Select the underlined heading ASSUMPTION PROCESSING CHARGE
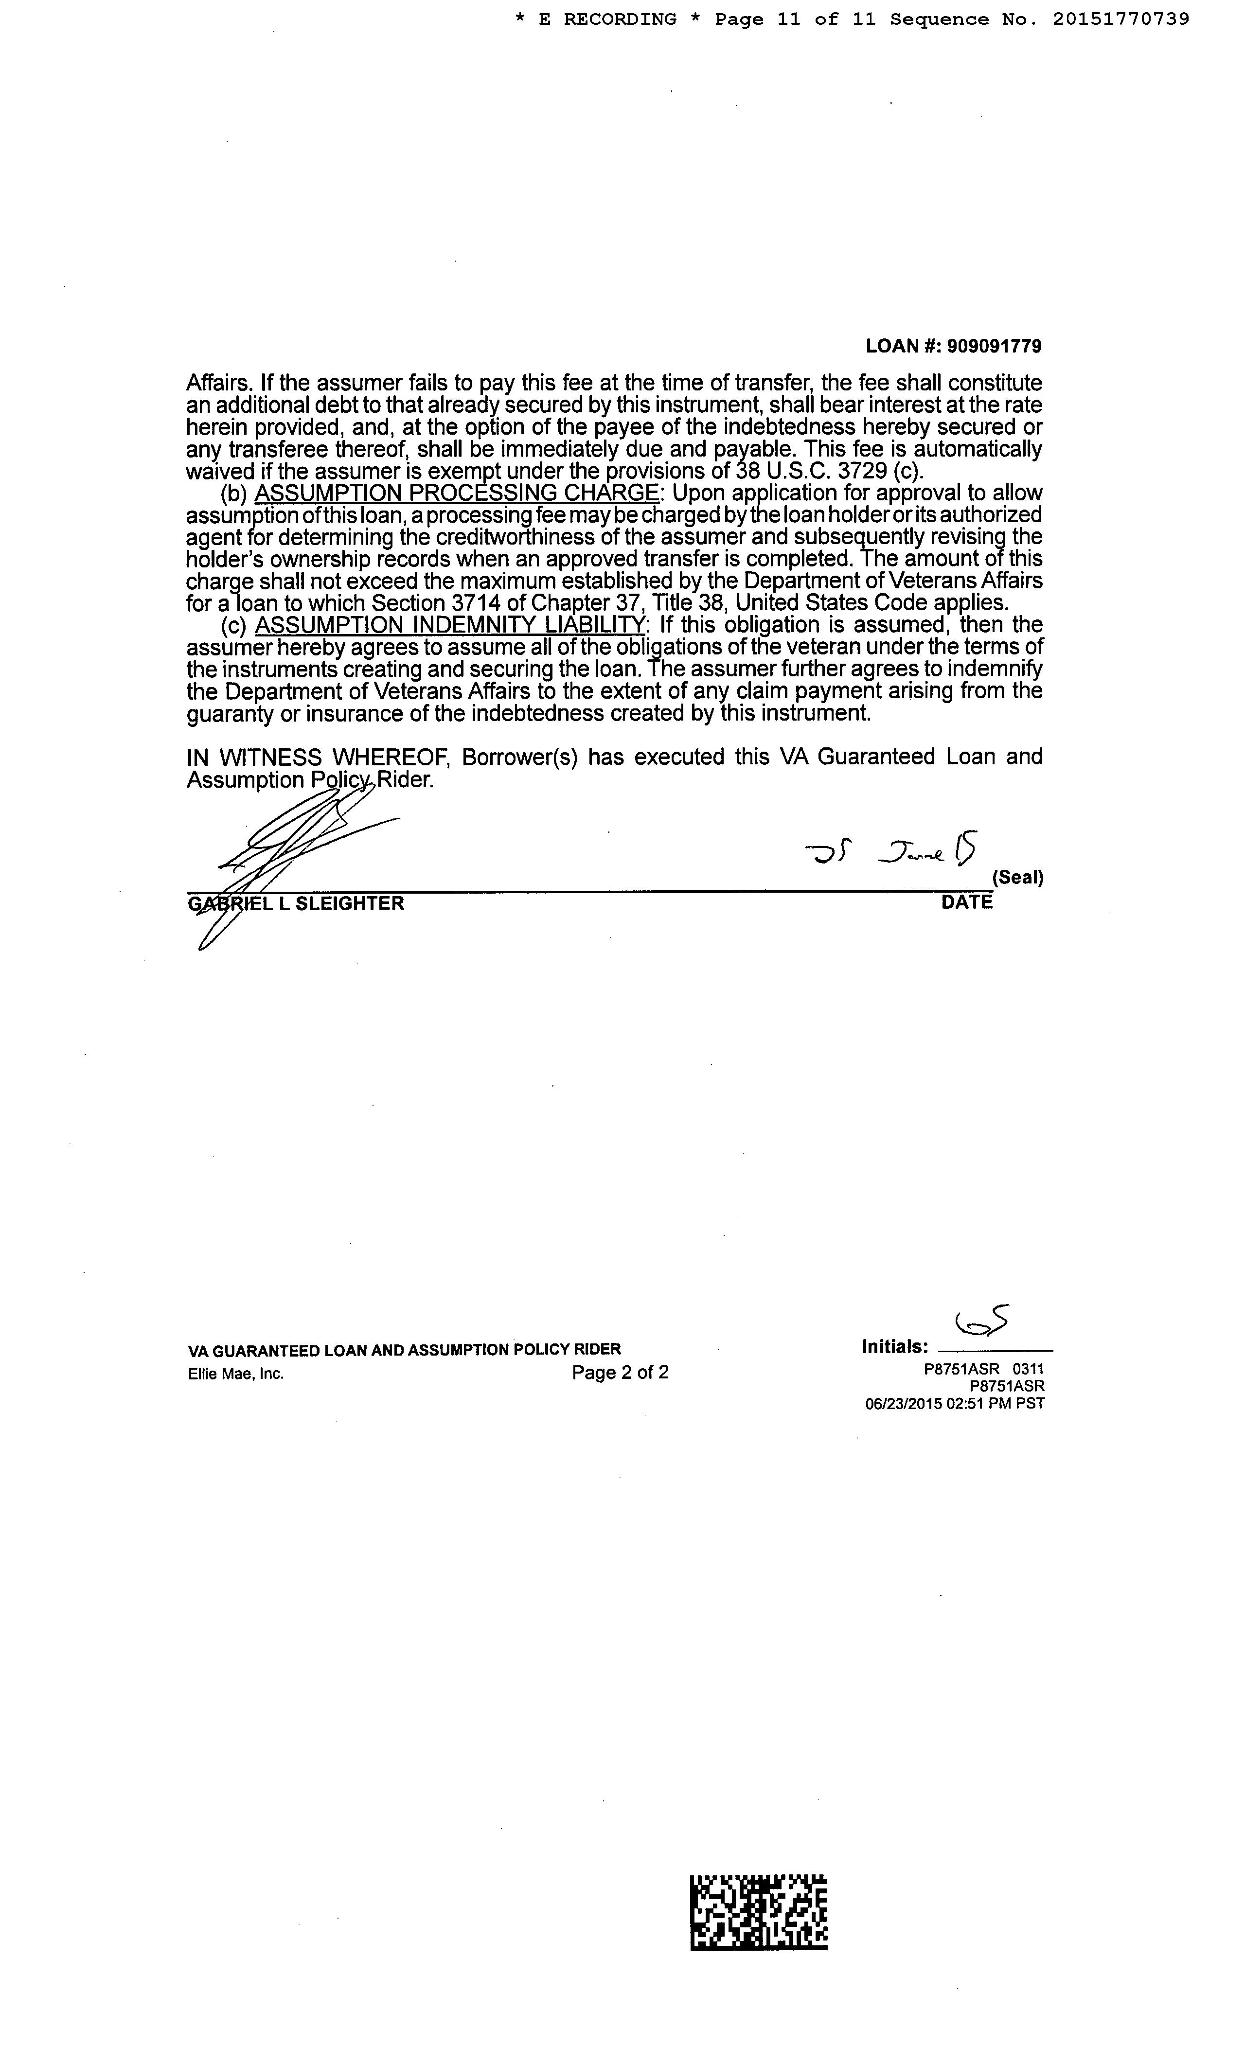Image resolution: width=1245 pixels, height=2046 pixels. click(457, 493)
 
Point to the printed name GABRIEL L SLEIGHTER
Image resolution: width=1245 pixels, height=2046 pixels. click(297, 903)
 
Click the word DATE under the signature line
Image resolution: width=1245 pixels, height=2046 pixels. click(967, 902)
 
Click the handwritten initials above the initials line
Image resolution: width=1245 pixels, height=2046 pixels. click(982, 1320)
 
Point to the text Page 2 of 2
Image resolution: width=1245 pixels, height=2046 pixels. click(620, 1372)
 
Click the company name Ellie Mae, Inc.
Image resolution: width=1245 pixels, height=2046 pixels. click(236, 1374)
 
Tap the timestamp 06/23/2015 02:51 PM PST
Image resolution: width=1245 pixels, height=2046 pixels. click(954, 1403)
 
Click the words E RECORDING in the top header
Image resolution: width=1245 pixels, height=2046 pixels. click(607, 19)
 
